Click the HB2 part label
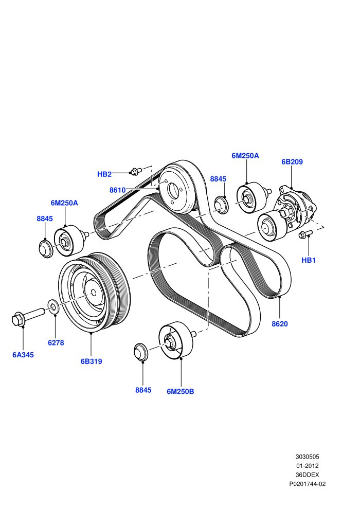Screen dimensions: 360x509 point(104,174)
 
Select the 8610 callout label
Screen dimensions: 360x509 point(117,190)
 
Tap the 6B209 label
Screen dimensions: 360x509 point(292,161)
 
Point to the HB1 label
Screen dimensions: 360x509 point(309,260)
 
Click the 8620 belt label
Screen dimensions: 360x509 point(279,323)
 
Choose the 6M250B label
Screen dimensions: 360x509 point(180,391)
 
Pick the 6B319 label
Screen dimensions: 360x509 point(91,361)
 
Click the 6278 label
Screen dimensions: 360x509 point(56,342)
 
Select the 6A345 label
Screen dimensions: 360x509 point(23,355)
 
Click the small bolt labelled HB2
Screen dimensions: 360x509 point(136,171)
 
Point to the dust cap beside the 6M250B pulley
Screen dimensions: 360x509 point(141,351)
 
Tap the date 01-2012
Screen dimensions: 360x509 point(307,466)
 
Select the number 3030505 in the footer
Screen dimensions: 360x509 point(307,457)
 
